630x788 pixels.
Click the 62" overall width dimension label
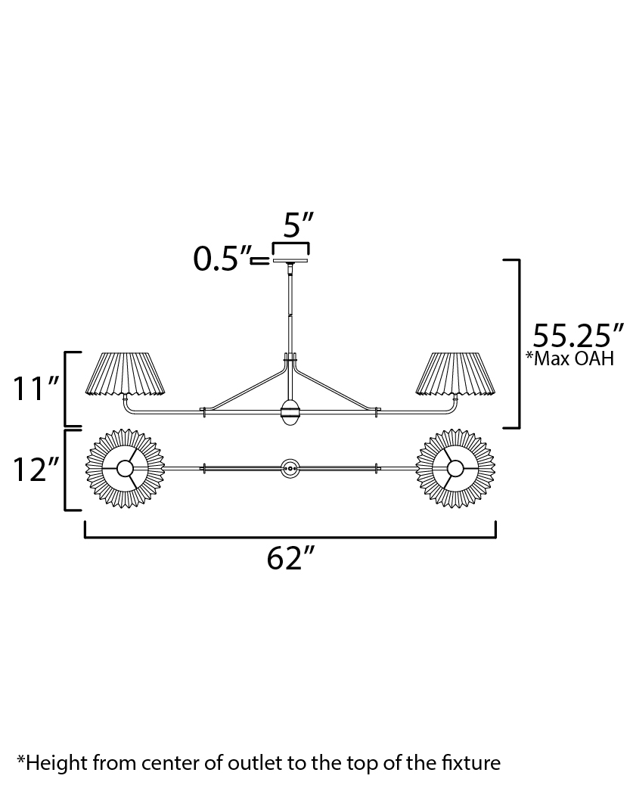[x=290, y=557]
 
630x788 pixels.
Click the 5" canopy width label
[x=298, y=225]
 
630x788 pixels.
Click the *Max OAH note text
[x=569, y=358]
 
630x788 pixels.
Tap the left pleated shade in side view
[x=126, y=374]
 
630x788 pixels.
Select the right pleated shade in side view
[x=455, y=374]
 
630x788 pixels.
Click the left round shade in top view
[x=125, y=468]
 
